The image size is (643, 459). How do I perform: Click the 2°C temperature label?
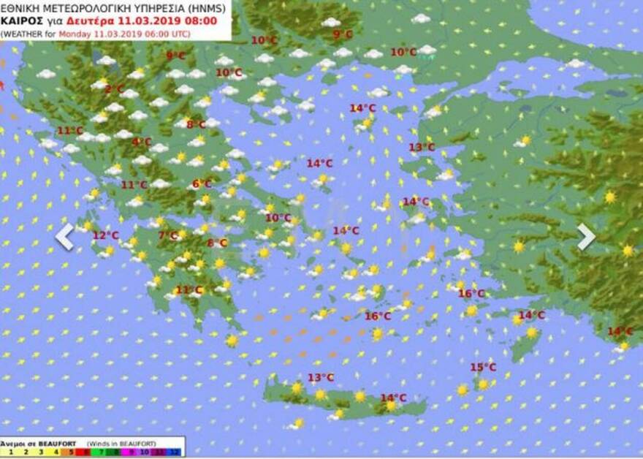[x=114, y=89]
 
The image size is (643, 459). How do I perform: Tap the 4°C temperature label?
[x=142, y=142]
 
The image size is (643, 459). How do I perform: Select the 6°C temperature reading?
[x=202, y=184]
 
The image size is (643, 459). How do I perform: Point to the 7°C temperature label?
[x=168, y=235]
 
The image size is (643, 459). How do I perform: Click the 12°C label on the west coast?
[x=105, y=235]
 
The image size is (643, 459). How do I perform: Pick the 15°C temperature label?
[x=483, y=367]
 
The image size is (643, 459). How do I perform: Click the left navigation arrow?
[x=65, y=236]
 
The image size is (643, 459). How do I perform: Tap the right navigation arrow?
[x=586, y=236]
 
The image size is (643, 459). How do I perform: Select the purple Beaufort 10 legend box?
[x=145, y=452]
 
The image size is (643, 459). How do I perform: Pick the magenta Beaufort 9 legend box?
[x=130, y=452]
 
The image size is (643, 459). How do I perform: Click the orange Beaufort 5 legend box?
[x=70, y=452]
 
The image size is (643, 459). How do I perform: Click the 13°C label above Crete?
[x=320, y=377]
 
